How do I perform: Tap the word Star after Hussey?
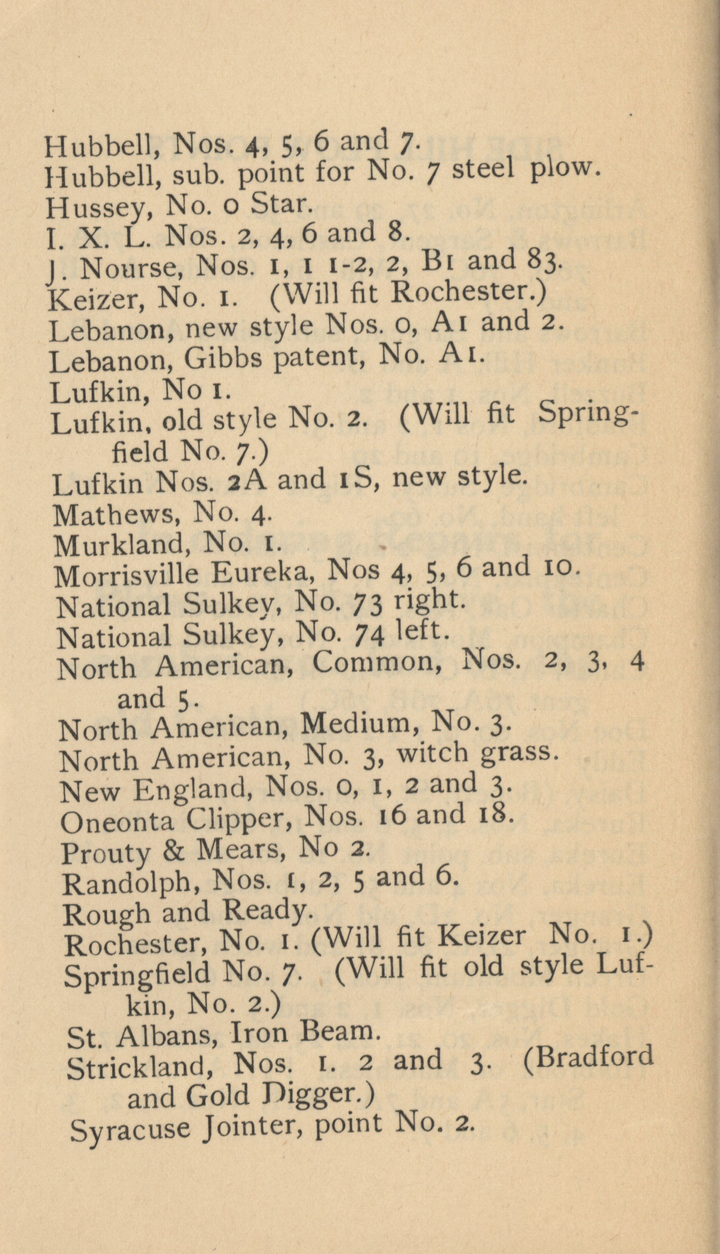coord(280,204)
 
